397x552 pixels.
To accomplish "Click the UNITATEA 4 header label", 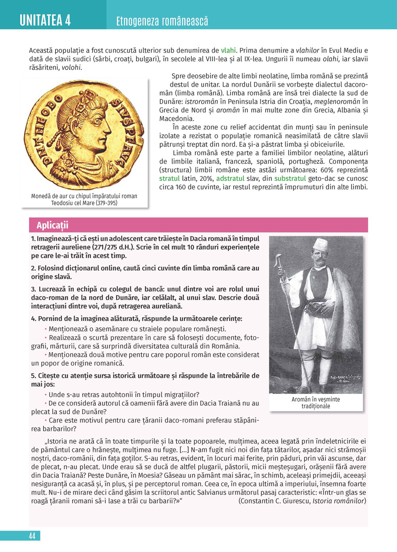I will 45,20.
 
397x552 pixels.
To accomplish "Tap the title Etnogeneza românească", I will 162,21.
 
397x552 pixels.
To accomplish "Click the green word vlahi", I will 228,50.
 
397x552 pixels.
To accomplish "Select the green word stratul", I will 170,179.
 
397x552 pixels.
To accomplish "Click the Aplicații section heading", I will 52,225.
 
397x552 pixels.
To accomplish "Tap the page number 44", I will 32,536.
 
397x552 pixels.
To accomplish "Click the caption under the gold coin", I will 84,199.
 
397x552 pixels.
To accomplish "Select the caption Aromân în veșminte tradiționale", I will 316,403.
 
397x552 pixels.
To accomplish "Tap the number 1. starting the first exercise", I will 33,239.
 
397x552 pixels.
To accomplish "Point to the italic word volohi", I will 71,68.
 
